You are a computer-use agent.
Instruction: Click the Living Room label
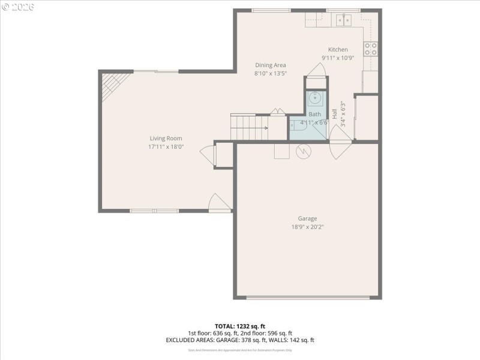coord(166,139)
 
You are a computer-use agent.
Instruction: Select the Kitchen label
coord(337,50)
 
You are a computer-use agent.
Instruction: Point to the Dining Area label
coord(271,65)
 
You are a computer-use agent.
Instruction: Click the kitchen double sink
coord(344,20)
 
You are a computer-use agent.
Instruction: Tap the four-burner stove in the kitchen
coord(371,49)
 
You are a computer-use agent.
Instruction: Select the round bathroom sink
coord(315,97)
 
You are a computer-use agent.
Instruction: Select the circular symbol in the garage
coord(304,152)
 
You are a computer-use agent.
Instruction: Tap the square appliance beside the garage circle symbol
coord(282,151)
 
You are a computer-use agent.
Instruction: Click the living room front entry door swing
coord(218,203)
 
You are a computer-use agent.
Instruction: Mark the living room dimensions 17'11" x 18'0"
coord(166,146)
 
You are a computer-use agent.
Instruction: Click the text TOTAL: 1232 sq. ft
coord(240,326)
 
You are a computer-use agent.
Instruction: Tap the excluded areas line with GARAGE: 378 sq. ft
coord(240,340)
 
